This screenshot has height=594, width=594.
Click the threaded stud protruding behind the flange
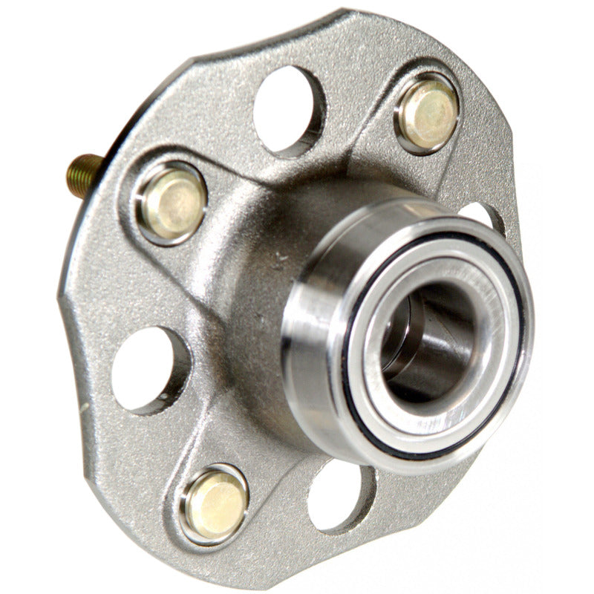(x=83, y=174)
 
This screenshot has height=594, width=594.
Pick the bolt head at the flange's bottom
(x=215, y=505)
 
